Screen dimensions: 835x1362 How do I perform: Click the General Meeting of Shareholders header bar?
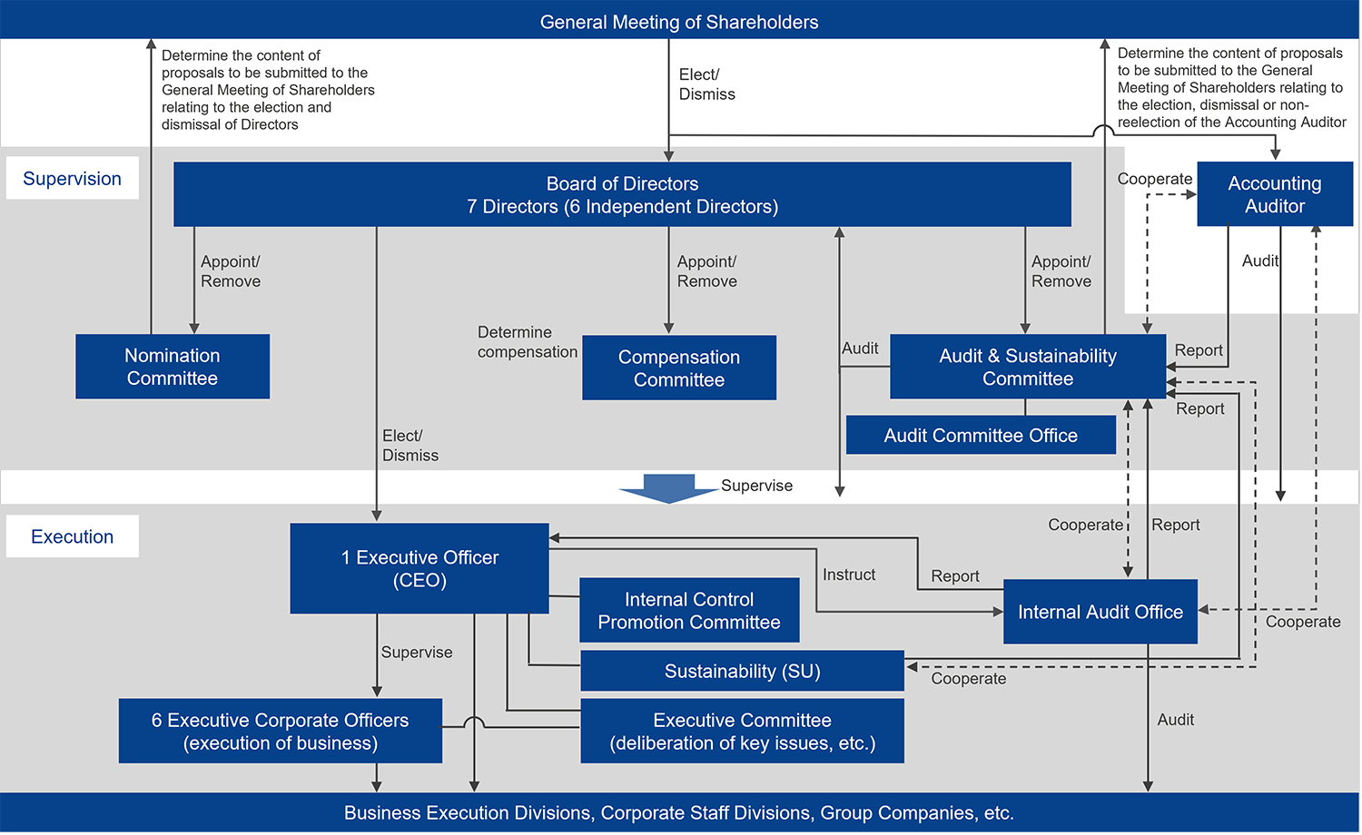click(679, 20)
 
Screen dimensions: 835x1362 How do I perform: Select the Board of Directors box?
click(622, 194)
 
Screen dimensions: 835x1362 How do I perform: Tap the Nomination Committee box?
click(173, 367)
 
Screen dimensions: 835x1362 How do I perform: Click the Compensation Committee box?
click(679, 368)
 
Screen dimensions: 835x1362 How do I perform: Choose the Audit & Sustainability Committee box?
click(1027, 367)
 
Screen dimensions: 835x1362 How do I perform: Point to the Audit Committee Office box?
click(981, 435)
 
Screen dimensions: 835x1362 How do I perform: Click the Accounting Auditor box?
click(1274, 194)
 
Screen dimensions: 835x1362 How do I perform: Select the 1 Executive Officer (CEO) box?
click(419, 568)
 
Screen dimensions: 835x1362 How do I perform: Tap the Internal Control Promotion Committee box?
click(689, 610)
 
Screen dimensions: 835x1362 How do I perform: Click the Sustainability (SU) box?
click(742, 671)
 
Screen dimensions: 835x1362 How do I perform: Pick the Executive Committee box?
click(742, 731)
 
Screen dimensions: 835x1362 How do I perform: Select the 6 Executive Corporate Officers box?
click(280, 731)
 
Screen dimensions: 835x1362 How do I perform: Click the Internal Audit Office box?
click(1100, 612)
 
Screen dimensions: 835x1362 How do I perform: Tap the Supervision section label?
click(72, 178)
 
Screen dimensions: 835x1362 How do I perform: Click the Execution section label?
click(72, 536)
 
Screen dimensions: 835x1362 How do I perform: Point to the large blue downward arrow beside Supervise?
click(668, 487)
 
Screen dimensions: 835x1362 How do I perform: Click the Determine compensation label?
click(527, 342)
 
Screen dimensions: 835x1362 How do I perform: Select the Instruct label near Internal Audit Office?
click(848, 575)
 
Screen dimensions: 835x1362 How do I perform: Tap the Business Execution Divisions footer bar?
click(679, 812)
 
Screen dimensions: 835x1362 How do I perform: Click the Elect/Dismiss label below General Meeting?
click(706, 84)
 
